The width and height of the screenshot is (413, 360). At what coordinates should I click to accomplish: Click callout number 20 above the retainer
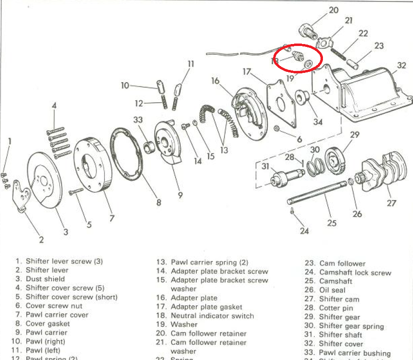333,10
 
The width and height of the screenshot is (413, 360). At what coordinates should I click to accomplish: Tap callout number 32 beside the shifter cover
402,65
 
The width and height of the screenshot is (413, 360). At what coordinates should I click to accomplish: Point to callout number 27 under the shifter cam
391,203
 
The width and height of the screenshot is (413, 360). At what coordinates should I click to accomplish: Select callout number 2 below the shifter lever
42,240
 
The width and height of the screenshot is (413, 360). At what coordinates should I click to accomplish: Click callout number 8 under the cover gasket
158,202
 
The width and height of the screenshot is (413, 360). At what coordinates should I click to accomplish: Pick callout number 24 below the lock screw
304,230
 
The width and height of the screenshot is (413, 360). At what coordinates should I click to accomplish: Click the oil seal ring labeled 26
352,182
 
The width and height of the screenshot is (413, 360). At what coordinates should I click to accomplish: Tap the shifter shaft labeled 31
286,177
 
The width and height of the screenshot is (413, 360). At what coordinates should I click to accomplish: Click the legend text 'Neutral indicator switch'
212,316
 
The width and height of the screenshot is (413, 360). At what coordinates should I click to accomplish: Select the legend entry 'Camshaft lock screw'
355,272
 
